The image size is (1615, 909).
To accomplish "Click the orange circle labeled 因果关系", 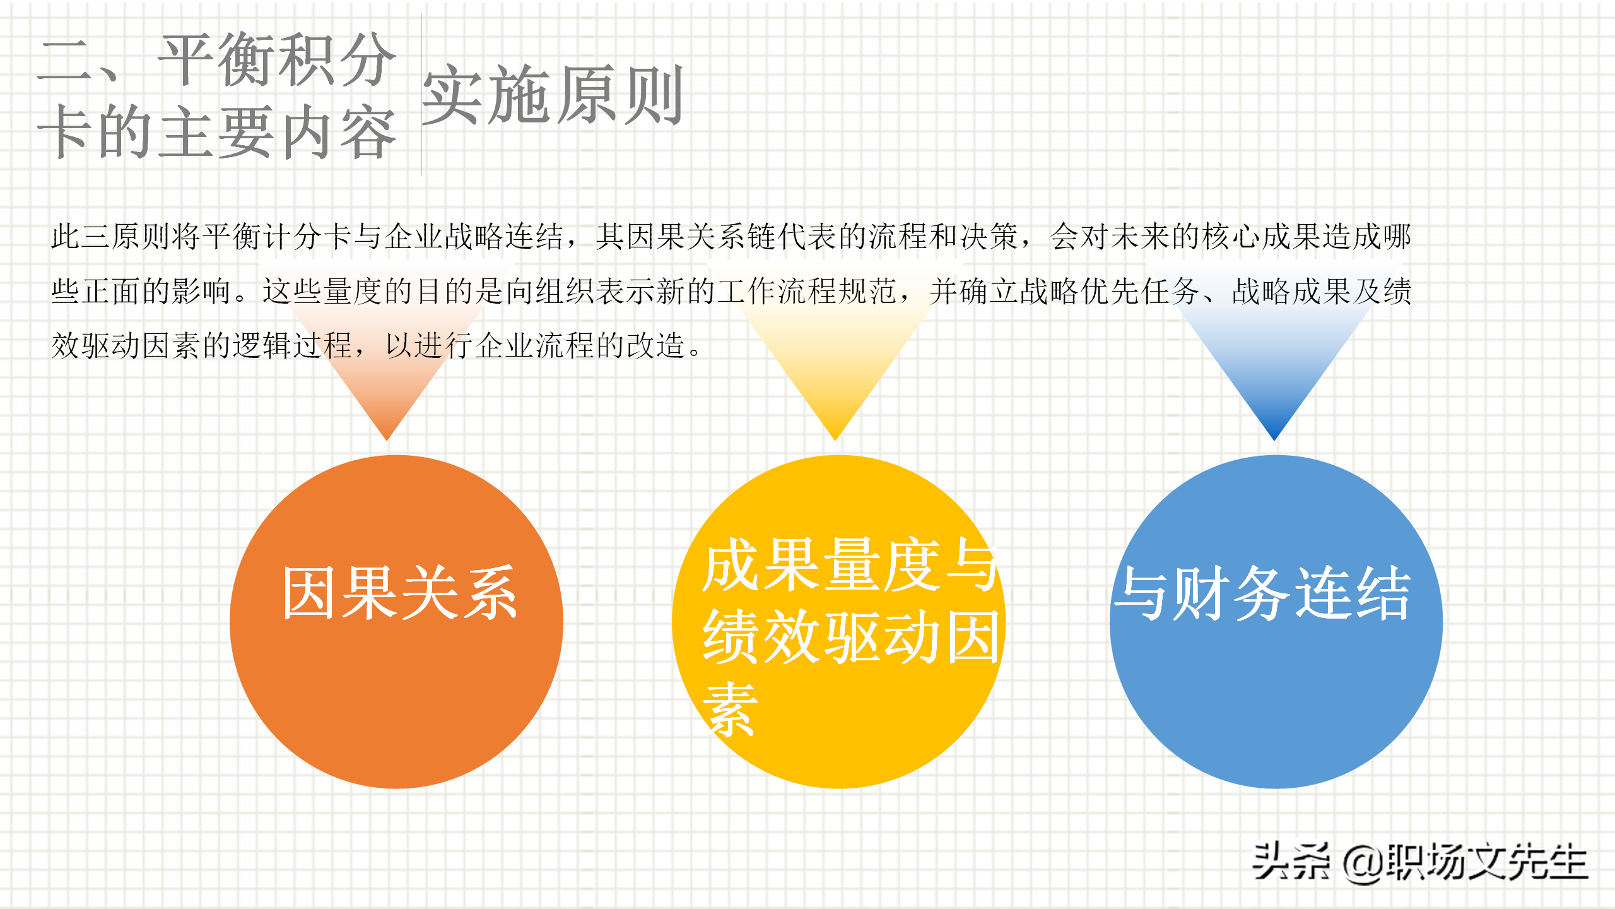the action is tap(396, 622).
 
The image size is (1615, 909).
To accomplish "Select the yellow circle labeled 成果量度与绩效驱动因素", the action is tap(838, 622).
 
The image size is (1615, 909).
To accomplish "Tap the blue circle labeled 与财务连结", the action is tap(1276, 622).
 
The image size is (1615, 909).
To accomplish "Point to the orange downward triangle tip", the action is tap(387, 440).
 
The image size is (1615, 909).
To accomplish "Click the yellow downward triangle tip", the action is tap(835, 440).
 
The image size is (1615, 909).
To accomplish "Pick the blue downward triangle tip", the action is tap(1274, 440).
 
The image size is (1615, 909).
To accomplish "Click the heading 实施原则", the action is tap(553, 95).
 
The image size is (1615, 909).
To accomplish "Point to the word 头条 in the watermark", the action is tap(1291, 862).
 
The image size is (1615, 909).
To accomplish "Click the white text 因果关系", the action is tap(400, 593).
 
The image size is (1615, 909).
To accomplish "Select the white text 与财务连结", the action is tap(1262, 593).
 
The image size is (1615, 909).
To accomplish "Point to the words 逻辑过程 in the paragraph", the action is tap(293, 346).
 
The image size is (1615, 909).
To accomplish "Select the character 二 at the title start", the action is tap(64, 60).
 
